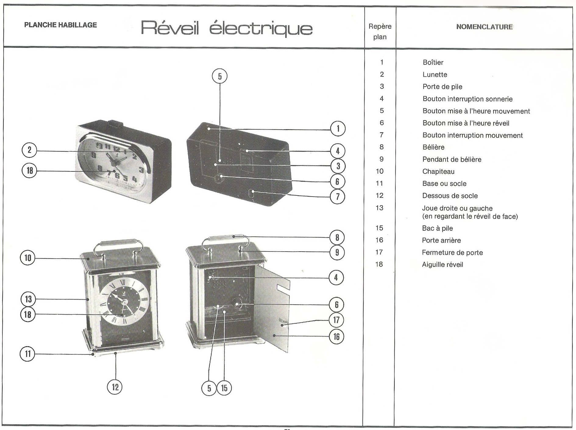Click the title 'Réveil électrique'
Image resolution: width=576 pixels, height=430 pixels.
(226, 28)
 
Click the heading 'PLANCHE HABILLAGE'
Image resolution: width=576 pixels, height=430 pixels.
(60, 25)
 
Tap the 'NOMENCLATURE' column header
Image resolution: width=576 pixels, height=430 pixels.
(484, 27)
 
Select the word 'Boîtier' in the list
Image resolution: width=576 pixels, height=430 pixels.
(433, 63)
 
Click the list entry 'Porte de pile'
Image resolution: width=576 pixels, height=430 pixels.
(442, 87)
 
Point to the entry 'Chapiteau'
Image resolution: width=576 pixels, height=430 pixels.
(438, 171)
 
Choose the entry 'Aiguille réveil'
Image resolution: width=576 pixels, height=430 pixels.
(442, 265)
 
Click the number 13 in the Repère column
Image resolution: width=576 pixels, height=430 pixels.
(379, 208)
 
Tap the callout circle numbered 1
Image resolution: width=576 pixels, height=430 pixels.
(338, 129)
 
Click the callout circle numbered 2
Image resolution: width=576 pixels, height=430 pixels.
(30, 150)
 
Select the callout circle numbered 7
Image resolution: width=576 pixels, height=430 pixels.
(338, 197)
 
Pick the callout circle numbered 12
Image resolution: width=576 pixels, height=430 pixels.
(115, 387)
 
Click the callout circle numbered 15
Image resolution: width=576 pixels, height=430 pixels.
(224, 388)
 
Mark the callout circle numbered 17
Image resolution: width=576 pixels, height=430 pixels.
(336, 320)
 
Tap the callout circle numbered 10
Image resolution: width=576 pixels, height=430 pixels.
(28, 258)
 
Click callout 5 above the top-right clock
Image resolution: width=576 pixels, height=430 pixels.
(220, 76)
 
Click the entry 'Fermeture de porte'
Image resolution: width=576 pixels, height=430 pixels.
(452, 253)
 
